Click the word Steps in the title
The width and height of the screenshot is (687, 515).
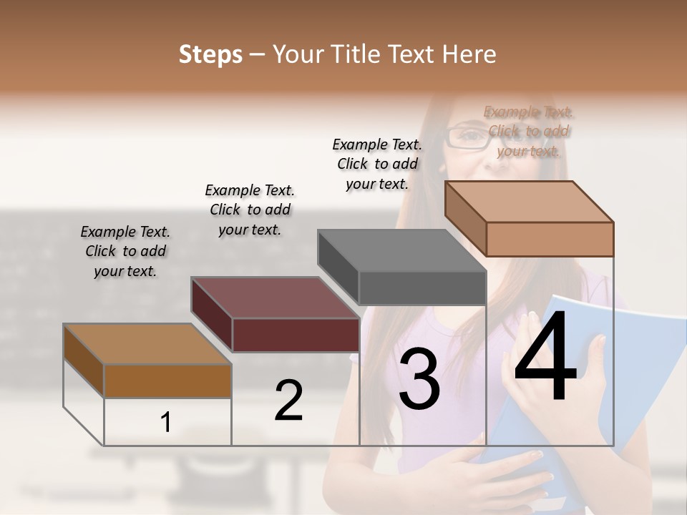[x=210, y=54]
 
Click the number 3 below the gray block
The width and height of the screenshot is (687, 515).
[x=419, y=379]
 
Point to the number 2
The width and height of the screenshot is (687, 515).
[x=288, y=401]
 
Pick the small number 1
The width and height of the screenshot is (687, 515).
[x=165, y=422]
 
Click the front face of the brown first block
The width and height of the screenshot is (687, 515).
[x=167, y=381]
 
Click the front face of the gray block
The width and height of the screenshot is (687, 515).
[x=422, y=288]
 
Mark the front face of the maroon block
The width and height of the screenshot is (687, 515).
[x=296, y=335]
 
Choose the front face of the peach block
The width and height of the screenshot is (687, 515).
[x=550, y=239]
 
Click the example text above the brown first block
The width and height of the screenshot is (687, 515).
[x=125, y=251]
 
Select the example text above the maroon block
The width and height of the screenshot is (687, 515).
[x=250, y=210]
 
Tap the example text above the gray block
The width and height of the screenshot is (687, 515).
[x=377, y=164]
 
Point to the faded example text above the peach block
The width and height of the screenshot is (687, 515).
[x=528, y=131]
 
